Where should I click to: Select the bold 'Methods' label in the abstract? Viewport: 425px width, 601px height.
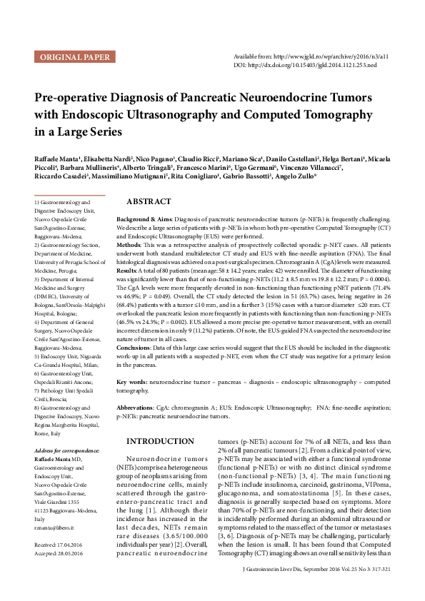pyautogui.click(x=129, y=244)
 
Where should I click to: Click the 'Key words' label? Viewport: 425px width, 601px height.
pyautogui.click(x=133, y=383)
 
